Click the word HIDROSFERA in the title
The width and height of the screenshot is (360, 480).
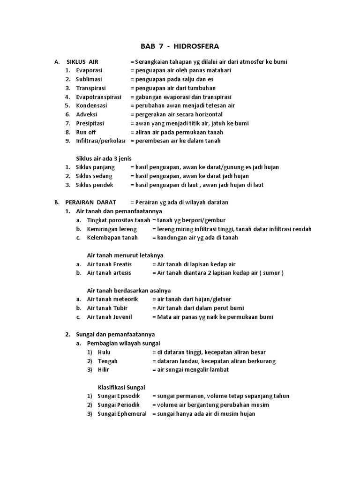[x=196, y=46]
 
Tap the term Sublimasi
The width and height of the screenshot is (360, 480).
[x=89, y=79]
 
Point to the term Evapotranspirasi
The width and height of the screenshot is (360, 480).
[x=98, y=97]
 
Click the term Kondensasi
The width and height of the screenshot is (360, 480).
[x=91, y=106]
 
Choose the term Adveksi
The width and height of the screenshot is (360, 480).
[x=87, y=114]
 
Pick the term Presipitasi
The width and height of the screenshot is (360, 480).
[x=90, y=123]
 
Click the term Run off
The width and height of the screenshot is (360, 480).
[x=86, y=132]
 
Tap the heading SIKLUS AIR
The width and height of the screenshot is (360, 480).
[x=82, y=62]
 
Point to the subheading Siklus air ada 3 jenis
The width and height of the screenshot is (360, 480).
[x=104, y=158]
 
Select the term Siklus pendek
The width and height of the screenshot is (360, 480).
[x=94, y=185]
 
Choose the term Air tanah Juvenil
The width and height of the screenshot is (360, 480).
[x=110, y=317]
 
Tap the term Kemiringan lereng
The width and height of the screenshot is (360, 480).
[x=112, y=229]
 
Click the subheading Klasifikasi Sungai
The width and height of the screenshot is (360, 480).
[x=121, y=387]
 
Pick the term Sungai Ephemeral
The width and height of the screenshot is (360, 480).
[x=122, y=414]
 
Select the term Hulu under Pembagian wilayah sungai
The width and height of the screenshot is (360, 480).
[x=104, y=352]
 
